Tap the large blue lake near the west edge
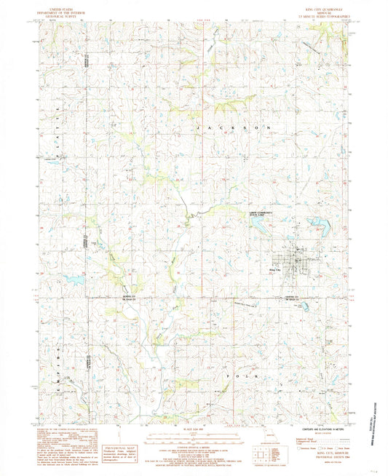point(73,278)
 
